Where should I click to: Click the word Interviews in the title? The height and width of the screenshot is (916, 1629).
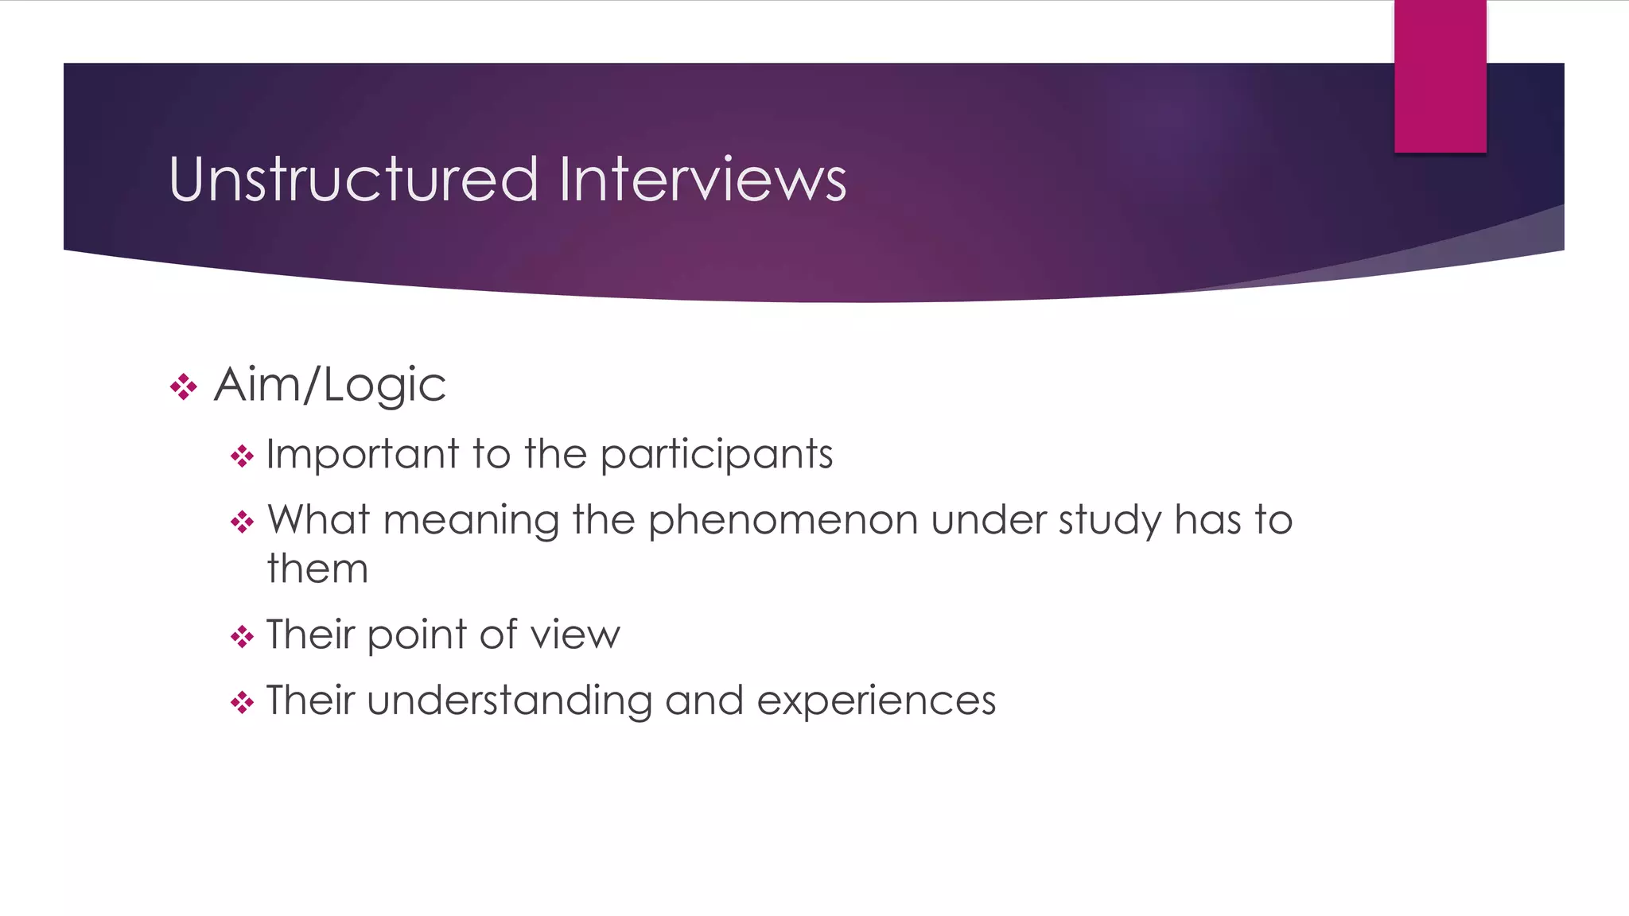click(702, 180)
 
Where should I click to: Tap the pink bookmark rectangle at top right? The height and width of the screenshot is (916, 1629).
click(1440, 76)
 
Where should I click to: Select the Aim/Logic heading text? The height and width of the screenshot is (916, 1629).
click(329, 386)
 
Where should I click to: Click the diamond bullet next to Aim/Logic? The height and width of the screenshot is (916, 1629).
click(184, 387)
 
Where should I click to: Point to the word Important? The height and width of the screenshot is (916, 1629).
click(362, 456)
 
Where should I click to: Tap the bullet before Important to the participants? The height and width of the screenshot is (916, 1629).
click(242, 457)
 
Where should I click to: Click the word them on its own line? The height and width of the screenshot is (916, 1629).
click(317, 569)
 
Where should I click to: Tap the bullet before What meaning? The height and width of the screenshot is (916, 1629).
click(242, 523)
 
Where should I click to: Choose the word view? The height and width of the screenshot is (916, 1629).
click(575, 635)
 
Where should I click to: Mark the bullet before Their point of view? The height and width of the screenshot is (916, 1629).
click(242, 637)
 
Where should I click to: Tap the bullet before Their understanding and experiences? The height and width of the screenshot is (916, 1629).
click(242, 703)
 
